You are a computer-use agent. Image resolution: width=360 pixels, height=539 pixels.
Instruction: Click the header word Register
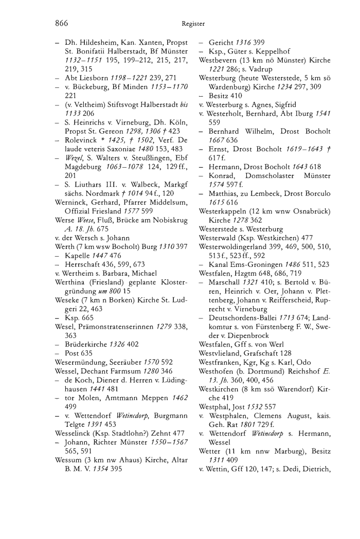pyautogui.click(x=193, y=23)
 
